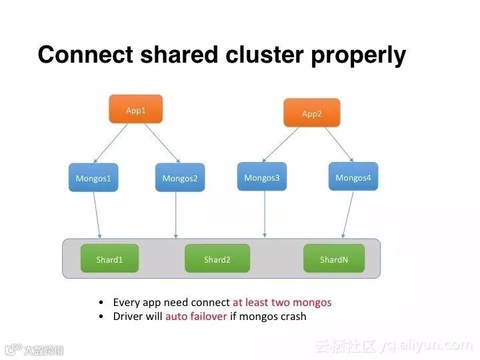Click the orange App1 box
(135, 109)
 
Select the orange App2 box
(311, 113)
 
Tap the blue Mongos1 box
(93, 178)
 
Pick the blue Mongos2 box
(180, 178)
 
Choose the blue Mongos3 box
(261, 177)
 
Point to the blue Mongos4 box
(353, 177)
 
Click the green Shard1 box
(109, 259)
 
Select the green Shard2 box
(217, 259)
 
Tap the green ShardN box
(334, 259)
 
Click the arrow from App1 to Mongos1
(111, 143)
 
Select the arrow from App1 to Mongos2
(162, 143)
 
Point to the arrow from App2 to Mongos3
(281, 144)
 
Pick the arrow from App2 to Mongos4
(339, 144)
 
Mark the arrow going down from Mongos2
(176, 215)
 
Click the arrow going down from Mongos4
(348, 215)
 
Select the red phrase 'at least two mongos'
(281, 302)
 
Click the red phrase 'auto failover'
(196, 316)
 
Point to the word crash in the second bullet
(292, 316)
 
